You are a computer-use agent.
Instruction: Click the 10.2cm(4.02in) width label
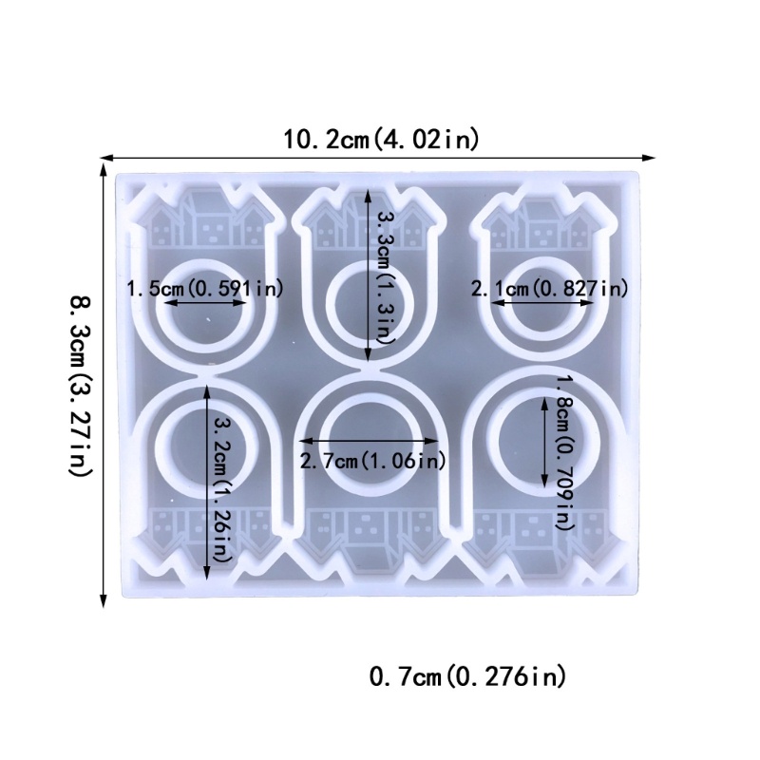(x=381, y=140)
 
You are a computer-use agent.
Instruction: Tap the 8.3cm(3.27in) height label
(x=80, y=386)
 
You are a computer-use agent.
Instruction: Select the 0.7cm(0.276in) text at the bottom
(x=467, y=676)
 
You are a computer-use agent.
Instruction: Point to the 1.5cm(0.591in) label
(x=204, y=289)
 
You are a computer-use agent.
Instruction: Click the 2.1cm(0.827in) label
(x=550, y=289)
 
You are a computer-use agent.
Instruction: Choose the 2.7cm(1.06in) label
(x=372, y=461)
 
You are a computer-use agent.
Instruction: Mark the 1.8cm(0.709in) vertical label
(x=564, y=452)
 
